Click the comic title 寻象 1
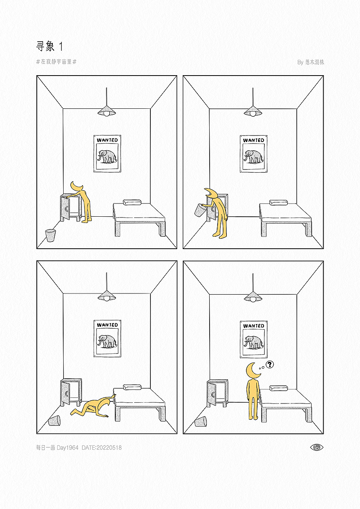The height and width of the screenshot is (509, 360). pyautogui.click(x=49, y=46)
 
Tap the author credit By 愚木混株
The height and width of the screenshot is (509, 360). pyautogui.click(x=310, y=62)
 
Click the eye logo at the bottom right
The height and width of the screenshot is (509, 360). pyautogui.click(x=316, y=447)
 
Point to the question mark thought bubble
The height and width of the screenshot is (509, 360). pyautogui.click(x=270, y=364)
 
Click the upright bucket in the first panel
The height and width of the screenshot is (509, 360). pyautogui.click(x=50, y=236)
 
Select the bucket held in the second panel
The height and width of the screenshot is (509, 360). pyautogui.click(x=200, y=210)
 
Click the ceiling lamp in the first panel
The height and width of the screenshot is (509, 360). pyautogui.click(x=106, y=111)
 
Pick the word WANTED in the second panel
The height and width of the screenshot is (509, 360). pyautogui.click(x=254, y=140)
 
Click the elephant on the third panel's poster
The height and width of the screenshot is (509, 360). pyautogui.click(x=107, y=341)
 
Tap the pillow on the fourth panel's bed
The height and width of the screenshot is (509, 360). pyautogui.click(x=278, y=388)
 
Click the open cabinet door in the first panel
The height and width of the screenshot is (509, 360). pyautogui.click(x=65, y=208)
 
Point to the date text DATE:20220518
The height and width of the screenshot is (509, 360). pyautogui.click(x=102, y=448)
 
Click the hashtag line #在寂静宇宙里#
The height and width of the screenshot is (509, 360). pyautogui.click(x=56, y=62)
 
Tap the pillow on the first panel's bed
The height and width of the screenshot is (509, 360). pyautogui.click(x=132, y=202)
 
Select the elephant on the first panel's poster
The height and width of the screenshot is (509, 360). pyautogui.click(x=107, y=157)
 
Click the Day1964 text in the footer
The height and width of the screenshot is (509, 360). pyautogui.click(x=68, y=448)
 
